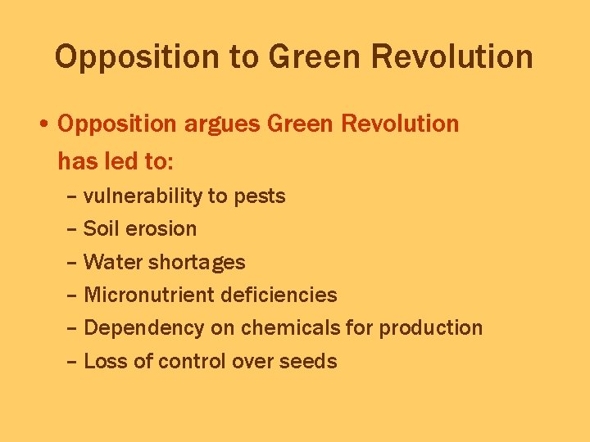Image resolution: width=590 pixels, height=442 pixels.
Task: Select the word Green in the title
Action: (x=315, y=57)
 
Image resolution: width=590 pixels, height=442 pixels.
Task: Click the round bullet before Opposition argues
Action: (x=43, y=125)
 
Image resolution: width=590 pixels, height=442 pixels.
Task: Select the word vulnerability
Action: (x=143, y=196)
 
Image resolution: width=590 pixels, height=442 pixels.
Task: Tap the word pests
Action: (x=260, y=196)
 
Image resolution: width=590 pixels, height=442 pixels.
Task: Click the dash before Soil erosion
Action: (x=72, y=230)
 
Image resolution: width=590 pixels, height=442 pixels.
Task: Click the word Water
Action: (x=109, y=263)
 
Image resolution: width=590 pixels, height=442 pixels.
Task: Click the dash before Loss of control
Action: (x=72, y=362)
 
